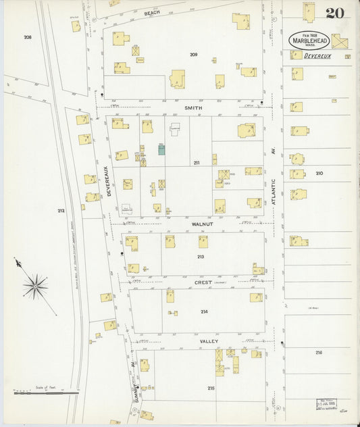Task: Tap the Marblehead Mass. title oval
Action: click(310, 40)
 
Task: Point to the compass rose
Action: click(35, 285)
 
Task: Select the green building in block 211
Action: click(161, 149)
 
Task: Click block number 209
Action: click(193, 54)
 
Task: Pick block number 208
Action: click(28, 37)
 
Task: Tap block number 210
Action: click(319, 174)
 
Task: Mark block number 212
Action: click(61, 211)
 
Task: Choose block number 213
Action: click(201, 257)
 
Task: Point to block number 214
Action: click(204, 311)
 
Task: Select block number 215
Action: click(211, 388)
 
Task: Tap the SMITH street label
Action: click(193, 107)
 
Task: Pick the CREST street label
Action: click(203, 282)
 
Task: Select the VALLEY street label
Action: click(209, 342)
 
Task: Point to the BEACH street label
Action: click(153, 13)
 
